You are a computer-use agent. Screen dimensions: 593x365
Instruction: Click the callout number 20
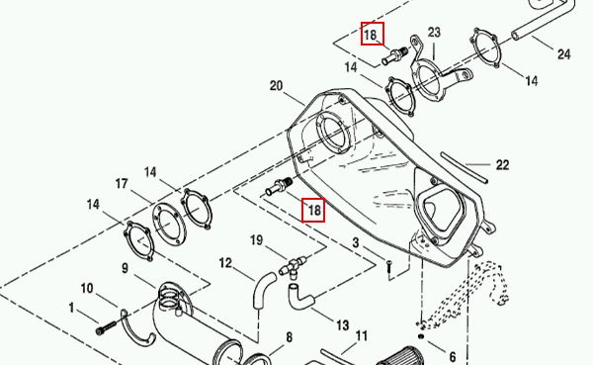click(x=276, y=86)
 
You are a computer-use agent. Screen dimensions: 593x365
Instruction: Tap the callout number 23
click(x=434, y=33)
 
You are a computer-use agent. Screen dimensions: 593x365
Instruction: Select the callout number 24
click(x=563, y=54)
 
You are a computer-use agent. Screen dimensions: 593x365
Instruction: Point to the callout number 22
click(x=502, y=165)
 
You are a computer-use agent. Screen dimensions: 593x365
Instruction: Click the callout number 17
click(x=122, y=184)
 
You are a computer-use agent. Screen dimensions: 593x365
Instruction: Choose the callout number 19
click(x=256, y=240)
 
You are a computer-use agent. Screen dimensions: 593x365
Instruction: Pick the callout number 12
click(x=225, y=263)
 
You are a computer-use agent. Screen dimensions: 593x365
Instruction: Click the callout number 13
click(x=342, y=325)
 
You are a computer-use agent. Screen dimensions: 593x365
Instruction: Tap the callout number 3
click(x=356, y=242)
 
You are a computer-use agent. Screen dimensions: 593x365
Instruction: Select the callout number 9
click(x=126, y=268)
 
